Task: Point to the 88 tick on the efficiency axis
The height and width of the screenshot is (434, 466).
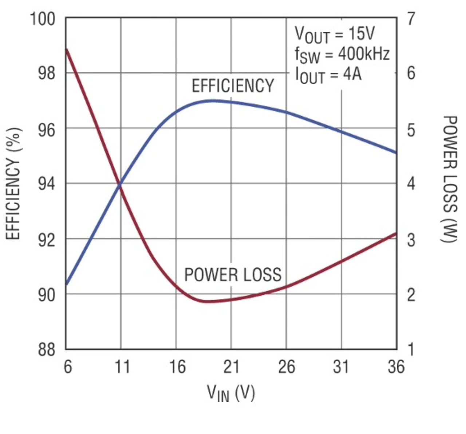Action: click(x=47, y=349)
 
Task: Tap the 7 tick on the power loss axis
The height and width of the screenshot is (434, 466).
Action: click(x=411, y=18)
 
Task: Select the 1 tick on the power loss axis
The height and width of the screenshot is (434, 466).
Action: click(x=411, y=349)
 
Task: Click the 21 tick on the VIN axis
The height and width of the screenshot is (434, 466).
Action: click(x=231, y=366)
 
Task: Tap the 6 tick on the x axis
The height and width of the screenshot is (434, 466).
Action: click(x=67, y=366)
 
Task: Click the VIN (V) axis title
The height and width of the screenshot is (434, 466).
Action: click(x=231, y=393)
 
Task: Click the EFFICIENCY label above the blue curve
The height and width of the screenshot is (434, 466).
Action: click(x=233, y=86)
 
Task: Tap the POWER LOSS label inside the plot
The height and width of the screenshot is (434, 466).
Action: click(x=233, y=275)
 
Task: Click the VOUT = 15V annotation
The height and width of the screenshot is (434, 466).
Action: click(x=335, y=35)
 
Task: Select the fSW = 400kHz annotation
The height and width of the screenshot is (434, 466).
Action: click(x=342, y=55)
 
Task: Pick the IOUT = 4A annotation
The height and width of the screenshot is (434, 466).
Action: click(x=328, y=75)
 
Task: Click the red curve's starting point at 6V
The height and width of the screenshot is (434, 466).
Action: click(x=66, y=49)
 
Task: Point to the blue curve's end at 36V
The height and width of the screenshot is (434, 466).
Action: click(x=396, y=152)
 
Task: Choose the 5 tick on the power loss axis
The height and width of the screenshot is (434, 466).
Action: click(x=411, y=129)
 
